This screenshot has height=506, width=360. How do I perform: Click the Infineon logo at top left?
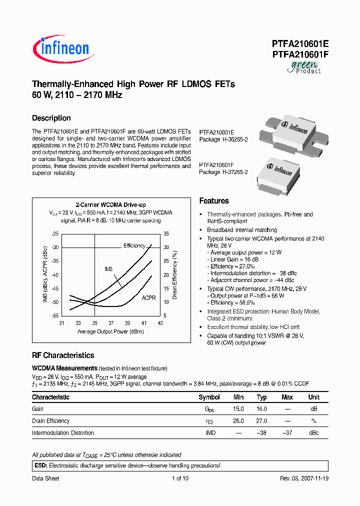(x=61, y=48)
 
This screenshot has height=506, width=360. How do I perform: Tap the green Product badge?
(x=303, y=67)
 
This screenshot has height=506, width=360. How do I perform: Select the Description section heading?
(x=51, y=118)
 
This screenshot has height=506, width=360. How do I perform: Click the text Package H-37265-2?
(x=223, y=171)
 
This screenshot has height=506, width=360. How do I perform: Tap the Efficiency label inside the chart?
(x=134, y=245)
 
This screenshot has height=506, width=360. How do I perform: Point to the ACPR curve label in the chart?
(x=148, y=297)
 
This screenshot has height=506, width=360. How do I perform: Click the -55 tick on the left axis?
(x=55, y=316)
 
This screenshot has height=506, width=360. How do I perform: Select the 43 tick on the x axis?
(x=160, y=323)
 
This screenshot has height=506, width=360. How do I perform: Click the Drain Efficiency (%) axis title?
(x=175, y=275)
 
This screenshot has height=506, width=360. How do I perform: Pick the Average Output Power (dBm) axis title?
(x=110, y=331)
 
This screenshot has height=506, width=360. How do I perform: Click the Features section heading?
(x=214, y=201)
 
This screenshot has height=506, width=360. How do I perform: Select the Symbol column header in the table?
(x=209, y=397)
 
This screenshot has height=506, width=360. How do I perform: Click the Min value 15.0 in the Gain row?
(x=238, y=409)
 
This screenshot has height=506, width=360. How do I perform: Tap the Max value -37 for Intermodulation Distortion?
(x=287, y=433)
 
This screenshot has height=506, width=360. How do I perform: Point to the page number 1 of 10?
(x=180, y=478)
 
